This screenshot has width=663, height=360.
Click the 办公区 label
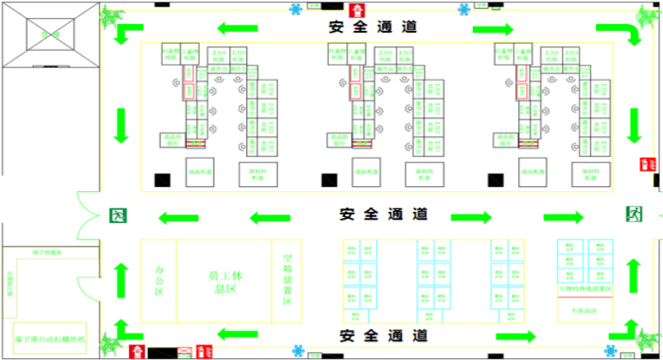pos(158,281)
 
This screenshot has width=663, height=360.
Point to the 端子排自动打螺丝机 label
pos(50,339)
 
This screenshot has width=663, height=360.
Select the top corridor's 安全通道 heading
pos(373,27)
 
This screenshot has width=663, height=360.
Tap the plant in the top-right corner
pos(647,16)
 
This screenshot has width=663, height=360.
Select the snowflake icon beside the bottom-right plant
pos(611,351)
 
